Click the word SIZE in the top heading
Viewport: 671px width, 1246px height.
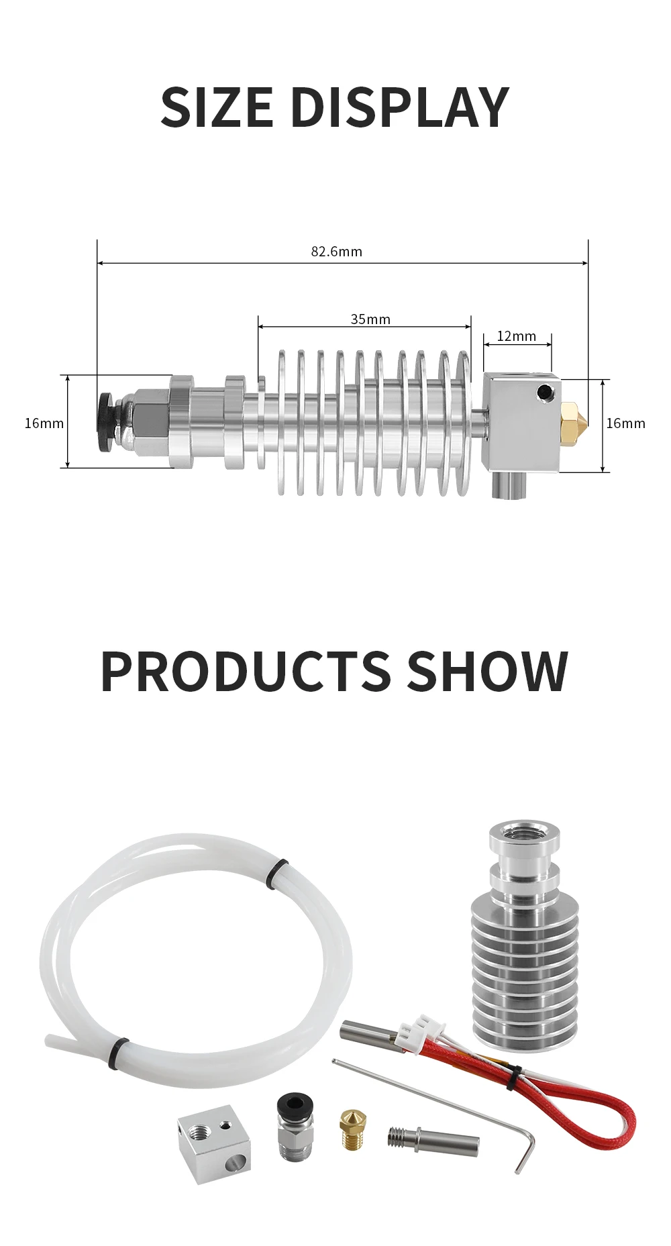coord(217,107)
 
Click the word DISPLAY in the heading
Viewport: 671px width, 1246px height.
coord(400,107)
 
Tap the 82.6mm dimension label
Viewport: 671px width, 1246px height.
coord(336,252)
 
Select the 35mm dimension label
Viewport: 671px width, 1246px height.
coord(370,319)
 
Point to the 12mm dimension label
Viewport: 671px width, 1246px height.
coord(516,336)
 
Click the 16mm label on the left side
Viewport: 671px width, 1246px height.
coord(44,423)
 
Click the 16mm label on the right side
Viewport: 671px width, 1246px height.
coord(625,423)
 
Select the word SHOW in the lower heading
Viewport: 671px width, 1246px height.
coord(488,671)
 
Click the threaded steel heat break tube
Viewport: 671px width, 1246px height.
coord(433,1139)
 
